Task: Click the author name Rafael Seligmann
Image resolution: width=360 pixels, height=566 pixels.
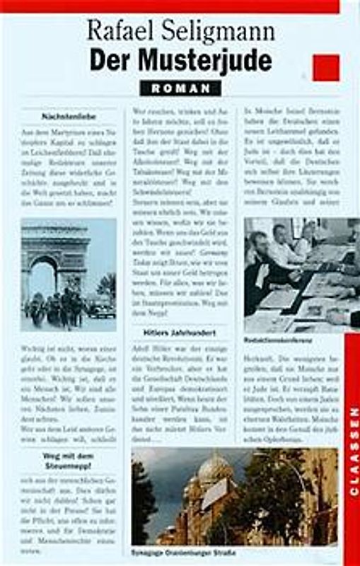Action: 180,32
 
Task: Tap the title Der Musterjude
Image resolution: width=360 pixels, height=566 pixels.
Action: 180,61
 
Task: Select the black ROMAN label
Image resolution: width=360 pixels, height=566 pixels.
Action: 180,88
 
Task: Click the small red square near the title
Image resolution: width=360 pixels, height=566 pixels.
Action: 325,68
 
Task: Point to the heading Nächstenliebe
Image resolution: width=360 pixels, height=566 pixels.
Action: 69,115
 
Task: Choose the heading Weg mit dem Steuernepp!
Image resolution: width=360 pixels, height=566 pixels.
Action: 69,461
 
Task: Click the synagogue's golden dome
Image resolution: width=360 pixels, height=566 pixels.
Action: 215,468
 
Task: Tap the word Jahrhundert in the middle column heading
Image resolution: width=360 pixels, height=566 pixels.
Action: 195,332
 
